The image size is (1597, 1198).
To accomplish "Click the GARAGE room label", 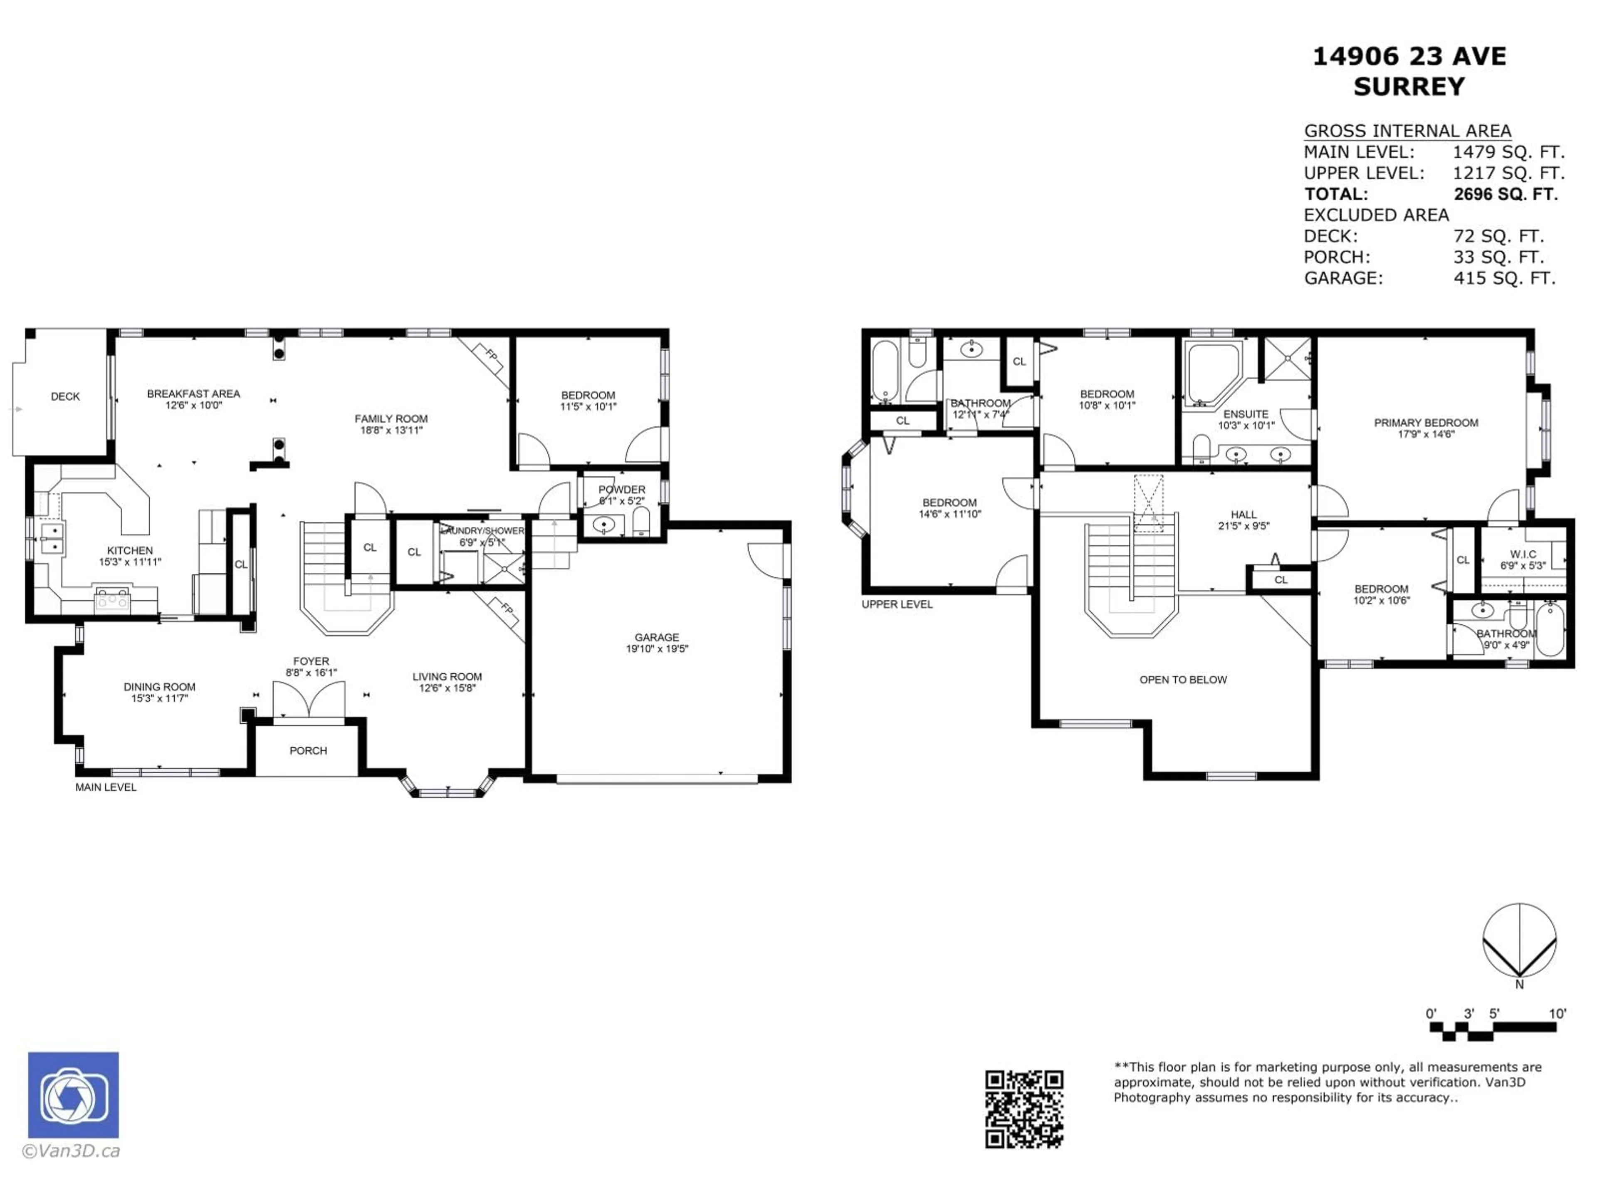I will [656, 637].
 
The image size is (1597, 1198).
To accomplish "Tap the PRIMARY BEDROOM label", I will [1425, 423].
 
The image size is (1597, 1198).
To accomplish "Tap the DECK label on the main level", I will [65, 396].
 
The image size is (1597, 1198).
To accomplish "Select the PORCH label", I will [308, 750].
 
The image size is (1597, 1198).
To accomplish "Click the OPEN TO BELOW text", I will [1183, 680].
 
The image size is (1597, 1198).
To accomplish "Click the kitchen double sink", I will [52, 538].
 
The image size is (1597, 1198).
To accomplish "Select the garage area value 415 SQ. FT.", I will [1504, 278].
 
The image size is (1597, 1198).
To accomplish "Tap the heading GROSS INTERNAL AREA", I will [1407, 131].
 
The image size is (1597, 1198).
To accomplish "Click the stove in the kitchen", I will [113, 599].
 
